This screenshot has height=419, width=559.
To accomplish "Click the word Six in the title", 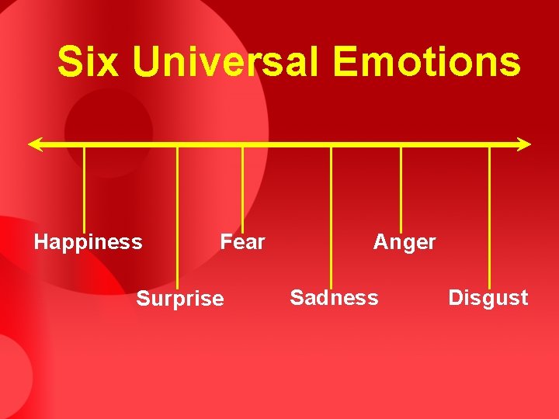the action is [88, 61].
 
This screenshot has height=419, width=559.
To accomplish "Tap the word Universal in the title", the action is [225, 61].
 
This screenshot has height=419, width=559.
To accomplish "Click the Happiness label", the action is [88, 242].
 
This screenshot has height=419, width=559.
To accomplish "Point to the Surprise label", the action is [180, 299].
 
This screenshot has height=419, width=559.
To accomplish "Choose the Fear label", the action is [242, 242].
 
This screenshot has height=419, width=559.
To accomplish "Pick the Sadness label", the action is [334, 297].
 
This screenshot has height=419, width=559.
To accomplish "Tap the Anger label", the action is [404, 242].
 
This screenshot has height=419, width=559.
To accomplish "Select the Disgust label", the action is [488, 297].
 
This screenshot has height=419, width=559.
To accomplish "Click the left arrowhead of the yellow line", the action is [33, 144].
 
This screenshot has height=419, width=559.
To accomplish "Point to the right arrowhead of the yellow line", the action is [526, 144].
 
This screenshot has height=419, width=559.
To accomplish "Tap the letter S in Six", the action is [70, 61].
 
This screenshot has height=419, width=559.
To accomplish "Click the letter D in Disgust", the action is [455, 297].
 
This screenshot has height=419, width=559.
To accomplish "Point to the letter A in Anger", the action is [380, 242].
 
